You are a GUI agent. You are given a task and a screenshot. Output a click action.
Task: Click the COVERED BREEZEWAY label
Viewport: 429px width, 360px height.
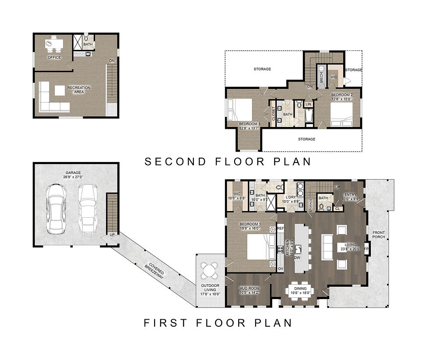(157, 271)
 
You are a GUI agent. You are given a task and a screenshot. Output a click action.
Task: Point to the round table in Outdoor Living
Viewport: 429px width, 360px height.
(210, 271)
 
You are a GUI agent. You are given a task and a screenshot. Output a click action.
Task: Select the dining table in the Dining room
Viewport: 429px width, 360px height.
(300, 289)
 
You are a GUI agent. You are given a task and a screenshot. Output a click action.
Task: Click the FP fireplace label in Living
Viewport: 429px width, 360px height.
(366, 249)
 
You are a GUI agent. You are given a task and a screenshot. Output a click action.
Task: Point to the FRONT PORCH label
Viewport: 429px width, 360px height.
(378, 235)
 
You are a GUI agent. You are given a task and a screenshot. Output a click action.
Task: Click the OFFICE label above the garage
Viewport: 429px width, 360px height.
(54, 57)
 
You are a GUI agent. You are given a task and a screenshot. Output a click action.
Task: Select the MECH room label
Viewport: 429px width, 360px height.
(321, 78)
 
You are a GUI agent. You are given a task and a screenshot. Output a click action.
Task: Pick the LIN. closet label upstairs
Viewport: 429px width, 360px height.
(308, 104)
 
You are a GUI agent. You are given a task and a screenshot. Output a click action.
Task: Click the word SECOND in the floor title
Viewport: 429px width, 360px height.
(175, 162)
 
